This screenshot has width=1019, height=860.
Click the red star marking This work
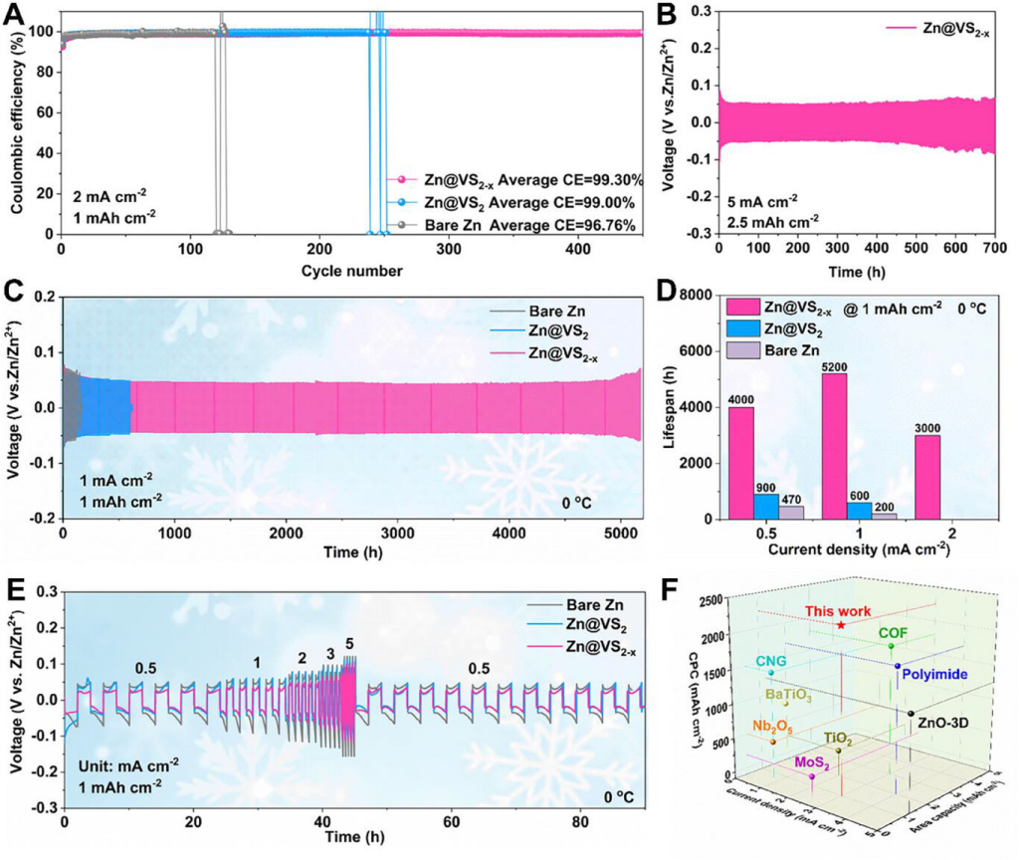pos(842,625)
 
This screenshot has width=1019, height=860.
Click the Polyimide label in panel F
pos(934,675)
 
